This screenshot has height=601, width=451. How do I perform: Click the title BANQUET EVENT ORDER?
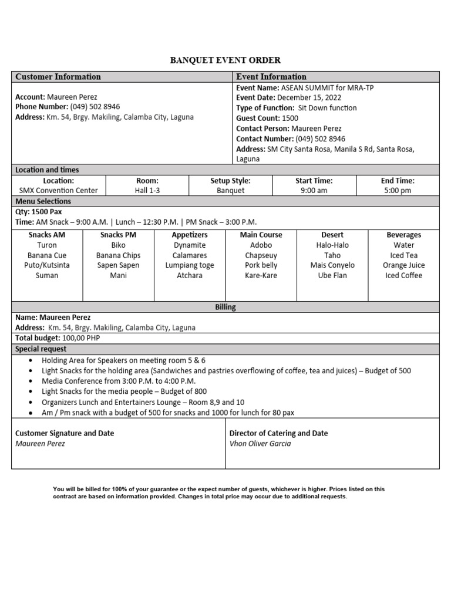(x=225, y=60)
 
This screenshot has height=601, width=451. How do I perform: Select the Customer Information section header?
(x=58, y=77)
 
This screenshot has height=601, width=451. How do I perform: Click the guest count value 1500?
(x=290, y=119)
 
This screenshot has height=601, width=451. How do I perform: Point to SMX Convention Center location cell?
(x=59, y=191)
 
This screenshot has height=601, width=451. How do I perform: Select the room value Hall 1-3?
(x=147, y=191)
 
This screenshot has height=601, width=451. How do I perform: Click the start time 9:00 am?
(x=314, y=191)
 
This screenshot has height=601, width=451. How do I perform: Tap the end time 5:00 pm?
(x=398, y=191)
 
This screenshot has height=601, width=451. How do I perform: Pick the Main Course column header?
(x=261, y=235)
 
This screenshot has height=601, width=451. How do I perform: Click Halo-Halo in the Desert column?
(x=332, y=245)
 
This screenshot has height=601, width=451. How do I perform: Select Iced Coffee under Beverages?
(x=403, y=276)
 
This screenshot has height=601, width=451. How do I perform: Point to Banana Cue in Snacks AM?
(x=47, y=256)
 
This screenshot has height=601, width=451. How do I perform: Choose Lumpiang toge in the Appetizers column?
(x=190, y=265)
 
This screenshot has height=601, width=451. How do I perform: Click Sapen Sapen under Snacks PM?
(x=118, y=265)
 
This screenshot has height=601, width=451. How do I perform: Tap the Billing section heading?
(x=225, y=307)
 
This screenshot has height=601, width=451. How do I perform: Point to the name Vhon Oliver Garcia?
(x=260, y=444)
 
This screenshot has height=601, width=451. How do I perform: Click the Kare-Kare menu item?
(x=261, y=276)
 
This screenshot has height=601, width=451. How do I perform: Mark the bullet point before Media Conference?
(x=31, y=381)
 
